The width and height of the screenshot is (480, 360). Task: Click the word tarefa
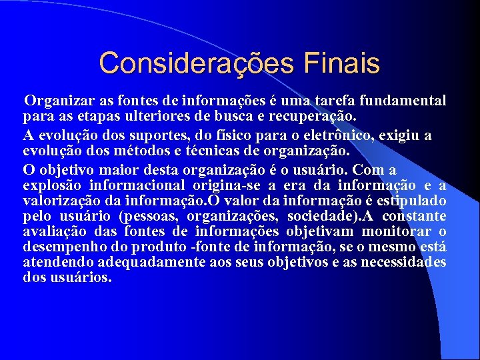(x=331, y=101)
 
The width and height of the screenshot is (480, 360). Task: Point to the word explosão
(x=49, y=185)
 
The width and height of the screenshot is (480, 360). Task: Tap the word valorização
(x=61, y=200)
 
